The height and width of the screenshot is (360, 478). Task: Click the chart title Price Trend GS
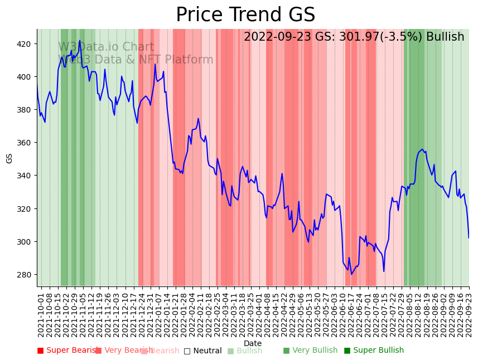(245, 15)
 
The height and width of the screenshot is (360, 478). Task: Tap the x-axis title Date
(253, 343)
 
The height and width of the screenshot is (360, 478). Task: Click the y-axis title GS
(9, 158)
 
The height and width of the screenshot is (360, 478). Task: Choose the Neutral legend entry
(207, 351)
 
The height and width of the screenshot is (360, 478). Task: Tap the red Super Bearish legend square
(40, 351)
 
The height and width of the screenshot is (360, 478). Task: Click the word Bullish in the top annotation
(445, 37)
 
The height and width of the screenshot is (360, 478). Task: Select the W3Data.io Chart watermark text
(106, 47)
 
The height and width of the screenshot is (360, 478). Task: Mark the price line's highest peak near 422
(80, 40)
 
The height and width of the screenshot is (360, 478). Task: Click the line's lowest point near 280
(351, 274)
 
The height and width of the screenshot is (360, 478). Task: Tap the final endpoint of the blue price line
(469, 238)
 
